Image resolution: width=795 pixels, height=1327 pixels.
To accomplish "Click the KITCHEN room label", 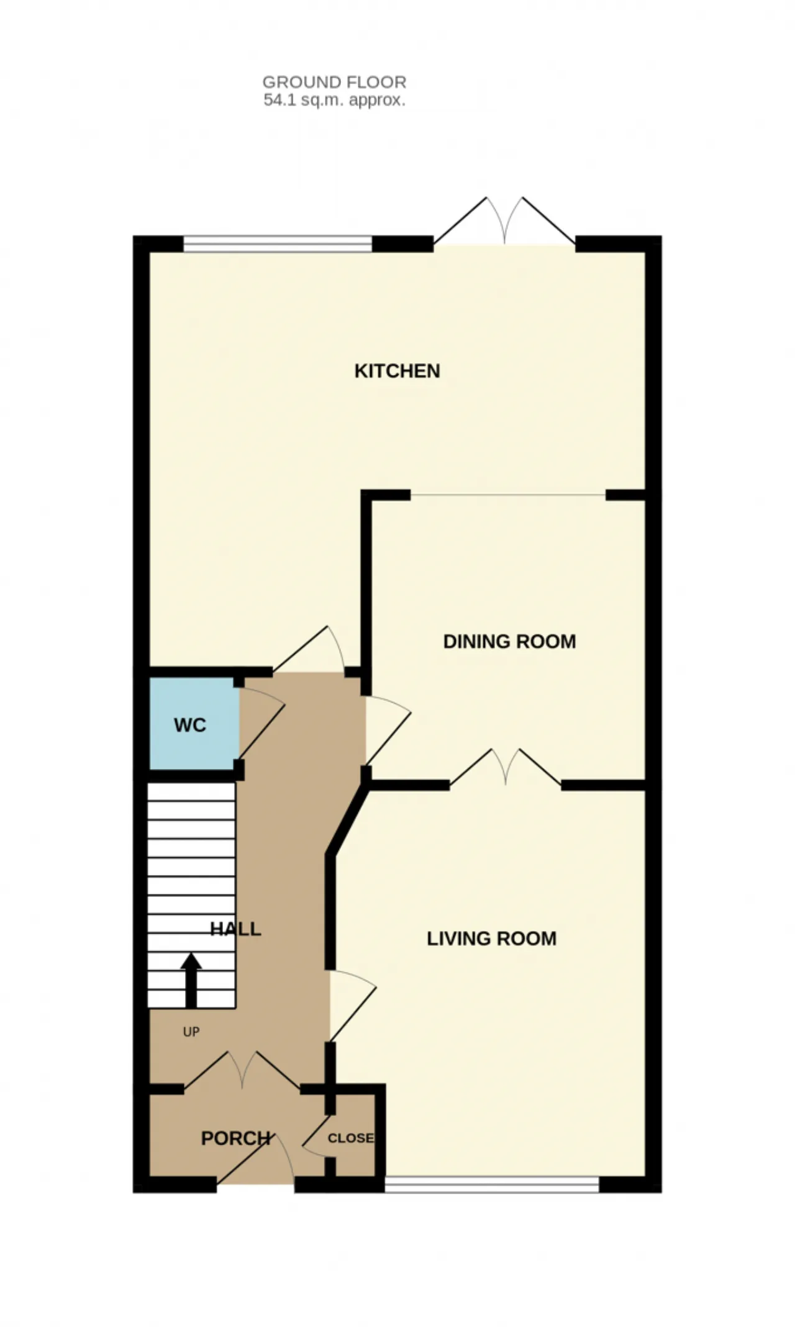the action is click(397, 371).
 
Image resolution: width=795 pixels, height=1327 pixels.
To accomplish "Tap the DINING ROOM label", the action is click(509, 641).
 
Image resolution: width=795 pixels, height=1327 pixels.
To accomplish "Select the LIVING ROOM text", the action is click(491, 938).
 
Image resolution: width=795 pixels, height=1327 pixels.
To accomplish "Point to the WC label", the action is click(190, 725).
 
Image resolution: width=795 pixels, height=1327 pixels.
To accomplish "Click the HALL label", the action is click(235, 929).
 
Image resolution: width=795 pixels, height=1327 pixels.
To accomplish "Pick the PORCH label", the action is click(235, 1138).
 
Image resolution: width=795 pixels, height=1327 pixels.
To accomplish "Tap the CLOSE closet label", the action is click(351, 1138).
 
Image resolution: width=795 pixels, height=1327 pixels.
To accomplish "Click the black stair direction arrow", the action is click(191, 980).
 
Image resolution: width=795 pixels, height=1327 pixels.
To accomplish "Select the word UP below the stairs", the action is click(191, 1032).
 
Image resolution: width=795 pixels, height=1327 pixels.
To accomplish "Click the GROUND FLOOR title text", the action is click(334, 82).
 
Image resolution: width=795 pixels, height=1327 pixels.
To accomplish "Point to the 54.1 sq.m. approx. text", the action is click(334, 100).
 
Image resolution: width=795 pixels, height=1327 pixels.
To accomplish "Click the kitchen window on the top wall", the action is click(278, 244).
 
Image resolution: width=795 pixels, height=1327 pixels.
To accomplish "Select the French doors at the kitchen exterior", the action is click(504, 221).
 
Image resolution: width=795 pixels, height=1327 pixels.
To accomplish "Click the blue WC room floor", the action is click(194, 723).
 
